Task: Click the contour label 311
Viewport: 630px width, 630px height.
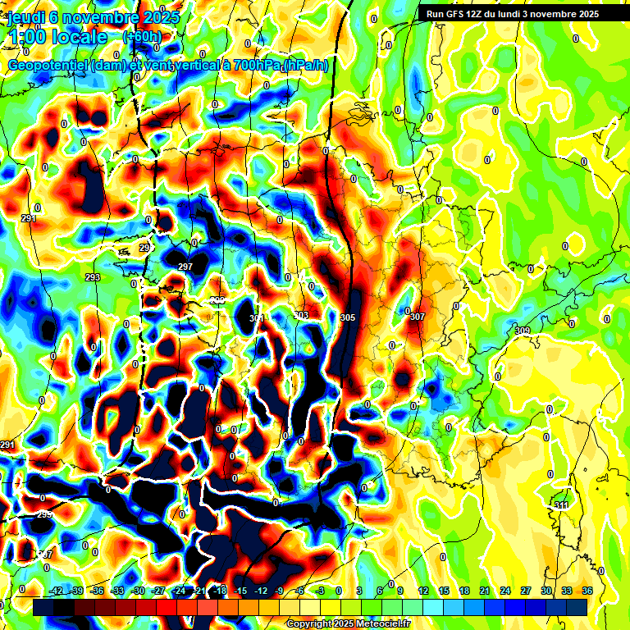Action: tap(561, 504)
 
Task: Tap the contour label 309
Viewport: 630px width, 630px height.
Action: tap(523, 331)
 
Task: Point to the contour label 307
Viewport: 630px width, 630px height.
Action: tap(418, 317)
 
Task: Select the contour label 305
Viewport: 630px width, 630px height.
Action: tap(348, 317)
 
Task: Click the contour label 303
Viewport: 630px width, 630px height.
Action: tap(301, 315)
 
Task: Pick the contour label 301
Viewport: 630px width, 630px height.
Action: tap(257, 318)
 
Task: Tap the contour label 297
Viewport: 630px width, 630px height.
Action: tap(185, 267)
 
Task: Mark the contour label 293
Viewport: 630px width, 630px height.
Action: tap(93, 277)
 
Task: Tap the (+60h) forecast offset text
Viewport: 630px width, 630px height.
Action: tap(142, 37)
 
